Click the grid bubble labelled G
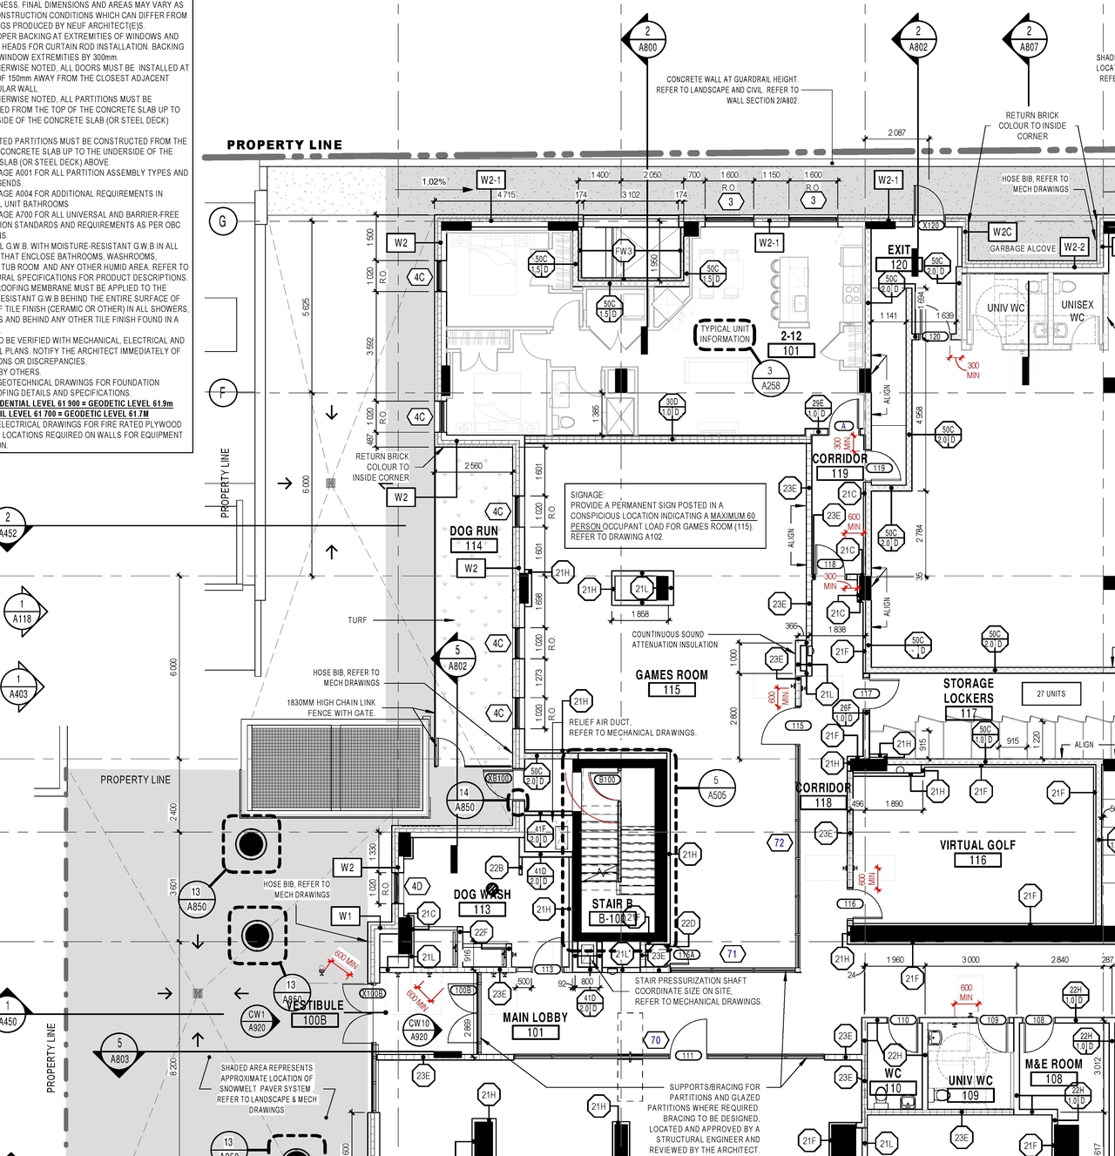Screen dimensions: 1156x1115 [222, 221]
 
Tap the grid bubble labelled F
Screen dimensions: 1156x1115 [222, 393]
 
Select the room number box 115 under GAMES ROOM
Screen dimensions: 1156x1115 [672, 690]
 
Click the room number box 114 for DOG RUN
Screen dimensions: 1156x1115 [474, 546]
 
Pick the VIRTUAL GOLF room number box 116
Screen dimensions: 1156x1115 [977, 860]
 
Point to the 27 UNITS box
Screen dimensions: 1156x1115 [1051, 693]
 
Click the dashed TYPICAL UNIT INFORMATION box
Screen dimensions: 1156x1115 [725, 335]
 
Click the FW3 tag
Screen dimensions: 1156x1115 [624, 252]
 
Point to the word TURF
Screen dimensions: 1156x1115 [357, 620]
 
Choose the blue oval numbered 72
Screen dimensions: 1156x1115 [779, 842]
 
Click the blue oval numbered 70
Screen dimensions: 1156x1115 [655, 1039]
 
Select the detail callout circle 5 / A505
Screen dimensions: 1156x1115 [716, 788]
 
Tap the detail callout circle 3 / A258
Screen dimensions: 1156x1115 [770, 378]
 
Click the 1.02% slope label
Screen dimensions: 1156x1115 [434, 182]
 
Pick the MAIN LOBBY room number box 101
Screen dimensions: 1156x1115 [535, 1032]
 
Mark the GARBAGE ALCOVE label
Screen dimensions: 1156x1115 [1022, 248]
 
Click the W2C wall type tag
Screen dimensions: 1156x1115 [1003, 232]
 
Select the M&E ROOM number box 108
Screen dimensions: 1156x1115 [1053, 1078]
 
